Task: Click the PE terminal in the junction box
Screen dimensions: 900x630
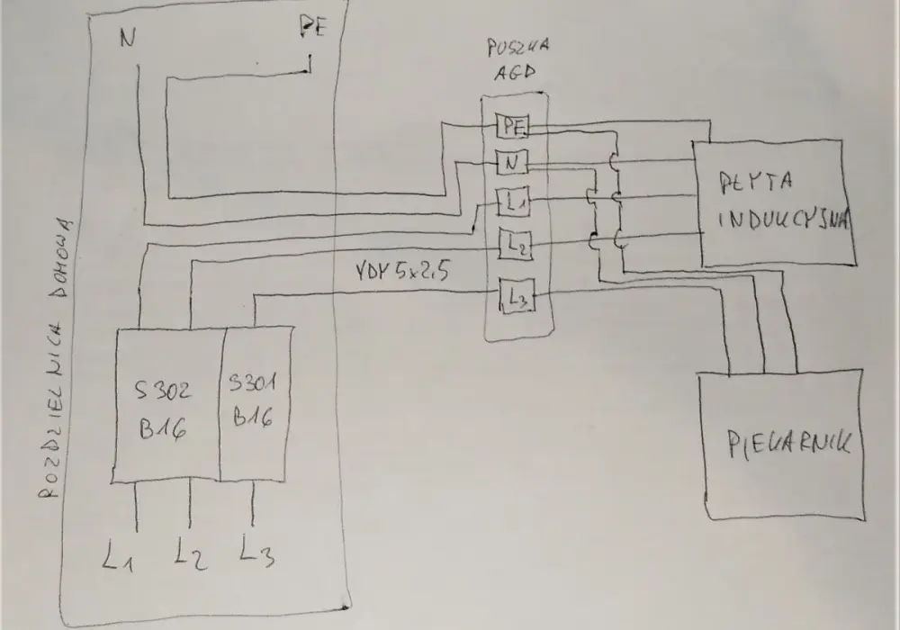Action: (512, 126)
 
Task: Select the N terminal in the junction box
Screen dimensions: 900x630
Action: (511, 163)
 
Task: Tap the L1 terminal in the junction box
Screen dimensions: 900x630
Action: (513, 202)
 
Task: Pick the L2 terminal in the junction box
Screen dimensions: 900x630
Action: (515, 244)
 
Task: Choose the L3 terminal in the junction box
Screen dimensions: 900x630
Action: (517, 295)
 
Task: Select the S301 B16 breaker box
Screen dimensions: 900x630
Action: (255, 403)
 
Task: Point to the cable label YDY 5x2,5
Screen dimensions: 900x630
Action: (401, 272)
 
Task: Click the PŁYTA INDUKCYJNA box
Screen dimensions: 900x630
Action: (775, 202)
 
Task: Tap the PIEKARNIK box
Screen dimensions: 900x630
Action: (782, 445)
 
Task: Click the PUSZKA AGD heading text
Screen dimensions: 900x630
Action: (516, 58)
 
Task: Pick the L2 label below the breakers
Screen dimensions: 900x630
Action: (190, 553)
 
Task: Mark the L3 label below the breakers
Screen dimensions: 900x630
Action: (256, 550)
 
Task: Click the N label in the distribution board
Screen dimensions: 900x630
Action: (128, 38)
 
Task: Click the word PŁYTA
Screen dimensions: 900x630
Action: (756, 181)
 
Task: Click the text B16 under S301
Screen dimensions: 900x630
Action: (253, 416)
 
